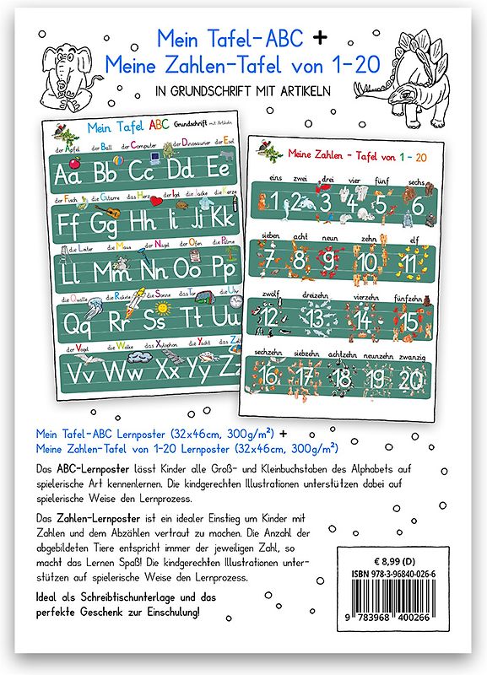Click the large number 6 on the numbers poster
coord(415,204)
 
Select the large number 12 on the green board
coord(272,319)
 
